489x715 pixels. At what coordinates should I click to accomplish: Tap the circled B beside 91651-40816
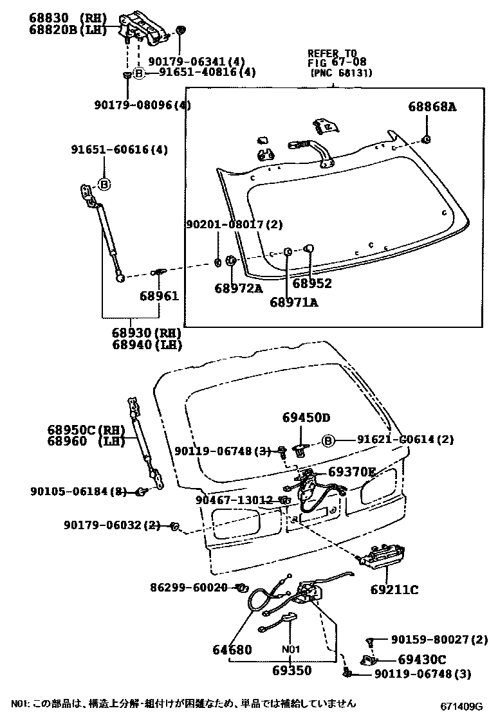(x=137, y=73)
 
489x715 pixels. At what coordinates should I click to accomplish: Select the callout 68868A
(x=431, y=107)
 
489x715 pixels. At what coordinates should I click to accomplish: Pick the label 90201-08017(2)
(x=234, y=225)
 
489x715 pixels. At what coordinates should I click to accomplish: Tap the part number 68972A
(x=238, y=289)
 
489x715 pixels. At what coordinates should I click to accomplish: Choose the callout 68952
(x=312, y=284)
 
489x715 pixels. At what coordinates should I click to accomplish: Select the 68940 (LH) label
(x=145, y=345)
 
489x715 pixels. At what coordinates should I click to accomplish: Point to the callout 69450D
(x=306, y=417)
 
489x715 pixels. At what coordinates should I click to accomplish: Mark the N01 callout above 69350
(x=292, y=649)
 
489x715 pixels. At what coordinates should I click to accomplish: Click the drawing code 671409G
(x=461, y=707)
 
